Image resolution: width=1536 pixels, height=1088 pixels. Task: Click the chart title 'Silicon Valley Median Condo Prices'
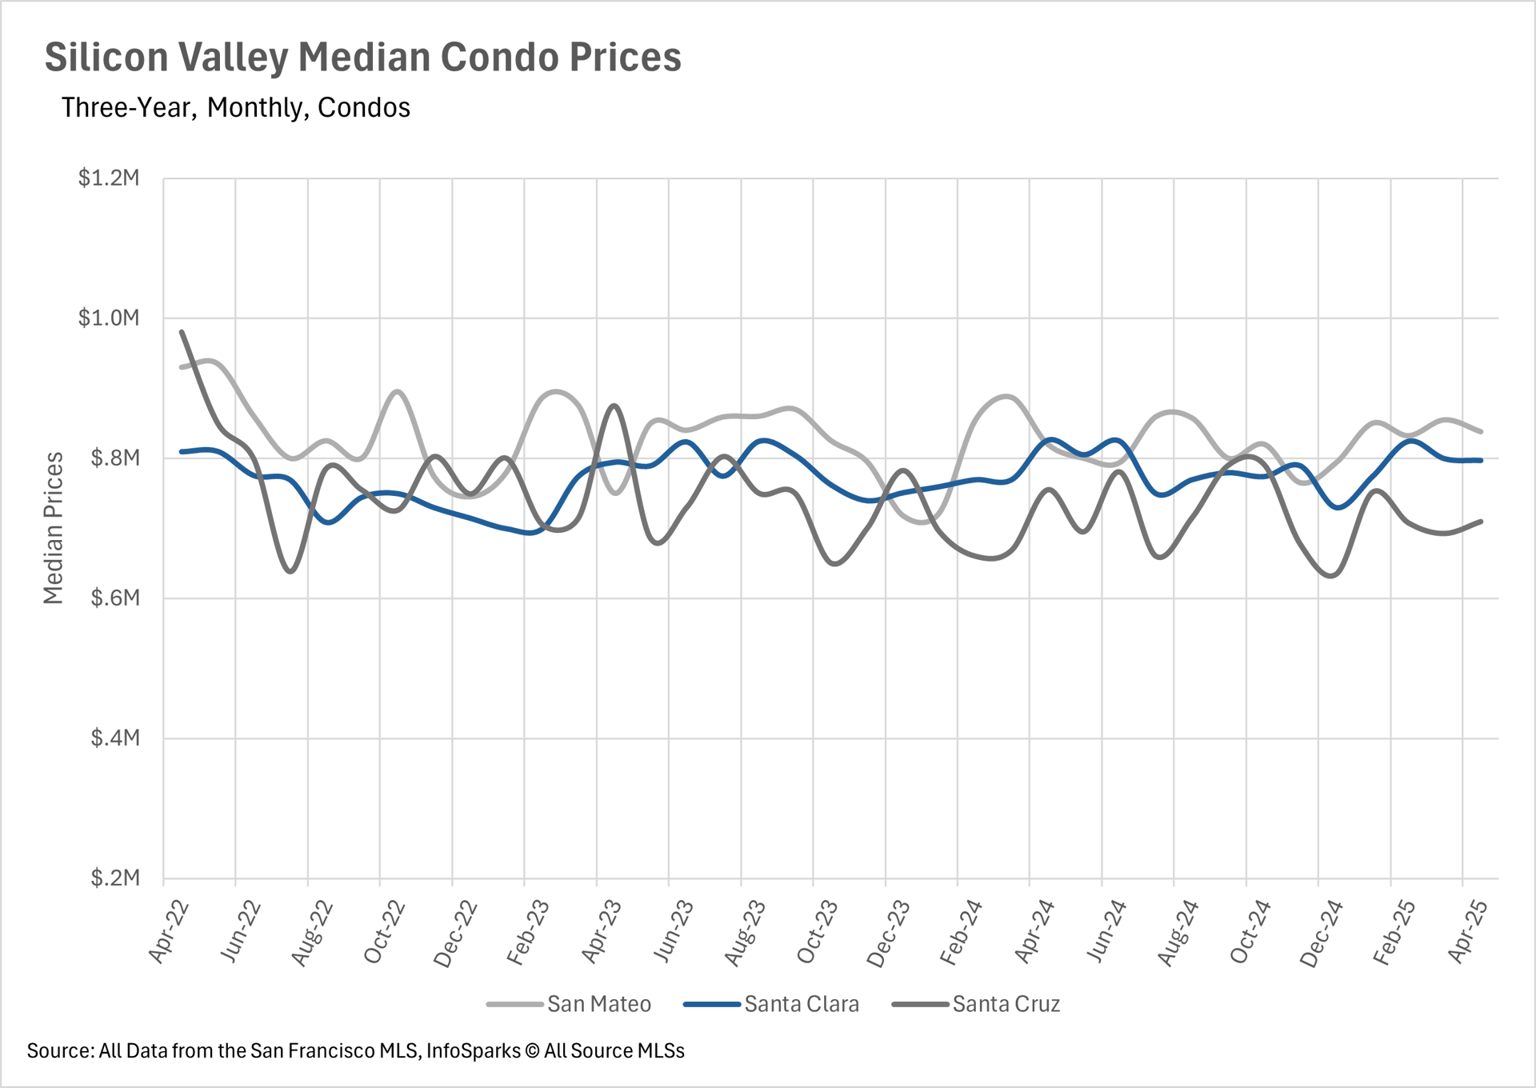tap(362, 58)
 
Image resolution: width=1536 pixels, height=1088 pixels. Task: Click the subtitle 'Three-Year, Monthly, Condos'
tap(235, 108)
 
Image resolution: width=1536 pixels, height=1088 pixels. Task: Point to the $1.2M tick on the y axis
tap(109, 178)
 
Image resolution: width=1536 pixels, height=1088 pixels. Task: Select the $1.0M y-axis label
tap(109, 318)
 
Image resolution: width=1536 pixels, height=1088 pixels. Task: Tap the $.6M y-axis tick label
tap(114, 598)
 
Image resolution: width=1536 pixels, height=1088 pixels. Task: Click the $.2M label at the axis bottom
tap(114, 878)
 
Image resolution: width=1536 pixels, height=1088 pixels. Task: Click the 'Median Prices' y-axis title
tap(53, 528)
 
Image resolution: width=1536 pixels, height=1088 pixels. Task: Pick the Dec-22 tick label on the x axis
tap(456, 934)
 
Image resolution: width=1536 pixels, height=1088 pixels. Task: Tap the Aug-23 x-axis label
tap(746, 933)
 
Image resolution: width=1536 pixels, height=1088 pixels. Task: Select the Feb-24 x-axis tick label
tap(962, 933)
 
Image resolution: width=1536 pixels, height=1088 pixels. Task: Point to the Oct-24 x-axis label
tap(1250, 933)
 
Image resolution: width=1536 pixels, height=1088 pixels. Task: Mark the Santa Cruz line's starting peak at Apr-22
tap(182, 331)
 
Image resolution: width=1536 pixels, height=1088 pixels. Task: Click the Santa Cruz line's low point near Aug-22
tap(290, 572)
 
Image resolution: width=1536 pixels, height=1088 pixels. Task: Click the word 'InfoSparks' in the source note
tap(473, 1050)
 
